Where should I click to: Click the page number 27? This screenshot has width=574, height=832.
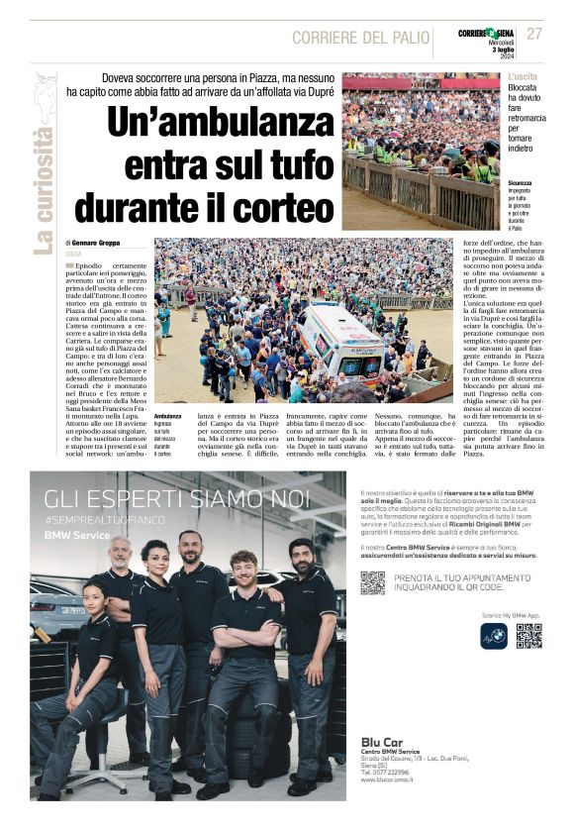point(534,34)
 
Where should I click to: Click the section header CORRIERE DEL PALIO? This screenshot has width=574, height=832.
point(360,38)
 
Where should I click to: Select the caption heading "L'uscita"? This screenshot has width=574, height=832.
point(524,76)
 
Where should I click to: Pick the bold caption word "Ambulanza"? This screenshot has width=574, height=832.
point(168,416)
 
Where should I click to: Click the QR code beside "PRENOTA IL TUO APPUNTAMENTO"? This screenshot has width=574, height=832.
point(372,582)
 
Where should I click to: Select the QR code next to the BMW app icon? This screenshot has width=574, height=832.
point(528,637)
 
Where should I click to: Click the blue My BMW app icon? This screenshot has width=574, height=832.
point(493,637)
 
